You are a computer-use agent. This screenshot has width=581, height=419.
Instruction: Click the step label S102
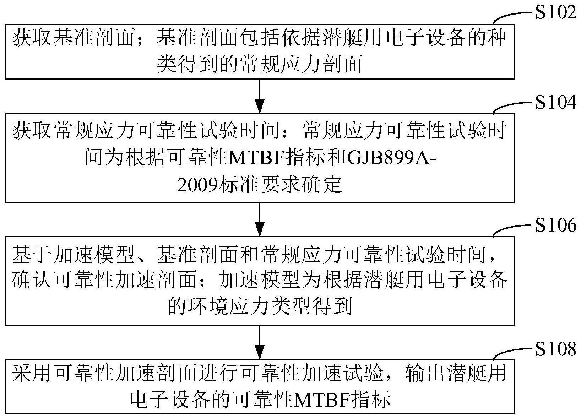(x=555, y=12)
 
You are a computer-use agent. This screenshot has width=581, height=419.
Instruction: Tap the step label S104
(x=555, y=102)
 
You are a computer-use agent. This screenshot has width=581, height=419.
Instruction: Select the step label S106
(x=555, y=225)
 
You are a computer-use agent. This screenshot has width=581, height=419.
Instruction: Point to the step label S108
(x=555, y=348)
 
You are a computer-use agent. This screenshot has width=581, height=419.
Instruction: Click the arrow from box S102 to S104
(x=260, y=96)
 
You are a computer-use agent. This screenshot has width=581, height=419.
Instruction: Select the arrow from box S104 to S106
(x=260, y=219)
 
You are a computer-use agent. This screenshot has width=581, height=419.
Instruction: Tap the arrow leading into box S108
(x=260, y=343)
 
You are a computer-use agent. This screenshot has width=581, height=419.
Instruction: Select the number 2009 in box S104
(x=197, y=185)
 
